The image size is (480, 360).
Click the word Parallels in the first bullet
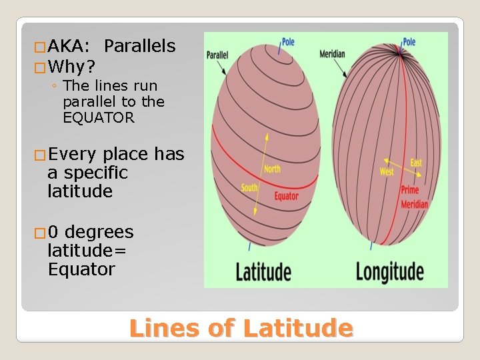140,46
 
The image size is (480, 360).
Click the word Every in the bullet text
73,155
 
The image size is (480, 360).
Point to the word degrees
99,232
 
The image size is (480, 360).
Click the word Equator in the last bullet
81,269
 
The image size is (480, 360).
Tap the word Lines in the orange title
164,328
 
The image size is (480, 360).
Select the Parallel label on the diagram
217,55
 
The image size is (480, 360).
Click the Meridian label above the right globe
332,54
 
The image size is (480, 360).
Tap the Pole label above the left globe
288,42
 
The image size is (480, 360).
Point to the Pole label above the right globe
409,42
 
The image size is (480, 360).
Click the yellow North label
272,169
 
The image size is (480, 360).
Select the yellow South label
249,188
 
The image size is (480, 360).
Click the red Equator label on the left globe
286,196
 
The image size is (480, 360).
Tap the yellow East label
416,163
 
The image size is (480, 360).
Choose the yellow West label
387,172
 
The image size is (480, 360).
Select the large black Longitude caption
389,272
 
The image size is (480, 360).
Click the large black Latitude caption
263,272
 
